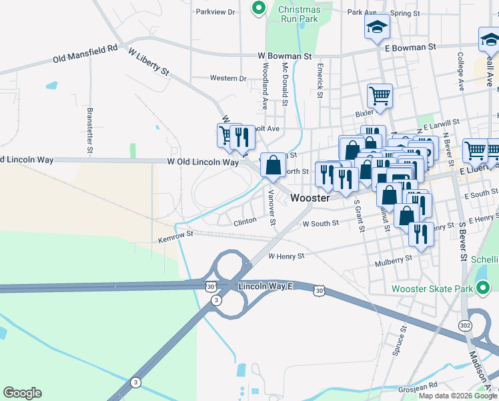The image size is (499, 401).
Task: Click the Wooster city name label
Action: point(311,198)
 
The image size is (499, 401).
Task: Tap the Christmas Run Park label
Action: point(299,14)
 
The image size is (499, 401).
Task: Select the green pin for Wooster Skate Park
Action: point(484,289)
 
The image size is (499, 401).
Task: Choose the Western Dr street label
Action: point(228,78)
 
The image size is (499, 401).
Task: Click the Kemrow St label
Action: point(175,236)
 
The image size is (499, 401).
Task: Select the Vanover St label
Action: point(272,207)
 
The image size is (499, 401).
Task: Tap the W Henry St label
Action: point(286,256)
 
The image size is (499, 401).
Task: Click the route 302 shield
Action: point(465,325)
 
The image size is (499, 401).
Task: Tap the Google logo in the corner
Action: point(22,393)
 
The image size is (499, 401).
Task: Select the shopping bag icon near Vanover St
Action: point(273,165)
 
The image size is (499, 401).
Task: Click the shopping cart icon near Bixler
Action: point(380,95)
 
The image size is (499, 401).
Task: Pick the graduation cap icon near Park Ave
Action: point(376,27)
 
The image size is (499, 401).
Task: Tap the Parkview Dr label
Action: point(216,11)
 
